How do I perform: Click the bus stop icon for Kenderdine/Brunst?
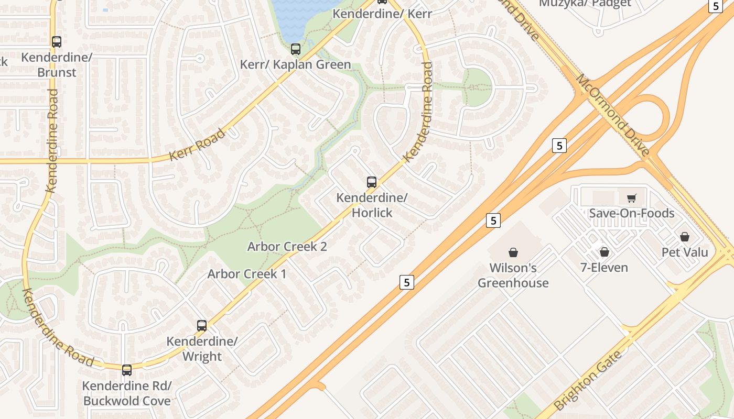click(57, 42)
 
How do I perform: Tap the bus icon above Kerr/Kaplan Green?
click(296, 49)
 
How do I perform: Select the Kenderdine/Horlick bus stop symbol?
click(372, 182)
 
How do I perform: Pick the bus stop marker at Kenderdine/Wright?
click(202, 326)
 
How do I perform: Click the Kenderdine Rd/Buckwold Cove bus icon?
click(127, 370)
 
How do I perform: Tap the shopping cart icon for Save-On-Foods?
click(631, 198)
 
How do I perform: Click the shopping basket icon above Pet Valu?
click(684, 237)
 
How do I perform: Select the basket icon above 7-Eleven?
click(605, 252)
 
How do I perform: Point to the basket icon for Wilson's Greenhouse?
click(513, 252)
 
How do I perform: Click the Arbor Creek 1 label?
click(247, 274)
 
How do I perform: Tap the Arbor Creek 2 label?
click(287, 247)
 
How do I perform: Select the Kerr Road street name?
click(198, 145)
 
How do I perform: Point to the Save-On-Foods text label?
click(631, 213)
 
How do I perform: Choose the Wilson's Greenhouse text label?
click(513, 275)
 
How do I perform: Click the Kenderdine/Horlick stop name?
click(372, 205)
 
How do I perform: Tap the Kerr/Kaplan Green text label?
click(295, 64)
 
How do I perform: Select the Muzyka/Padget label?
click(585, 4)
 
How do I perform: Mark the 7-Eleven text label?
click(604, 268)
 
